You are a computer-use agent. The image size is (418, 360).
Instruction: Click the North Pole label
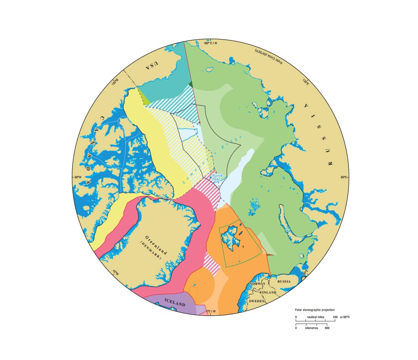point(217,178)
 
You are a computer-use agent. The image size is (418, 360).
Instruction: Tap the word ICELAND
point(175,304)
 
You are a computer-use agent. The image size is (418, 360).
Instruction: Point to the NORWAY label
point(257,283)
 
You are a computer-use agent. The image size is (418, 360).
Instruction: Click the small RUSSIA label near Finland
point(284,281)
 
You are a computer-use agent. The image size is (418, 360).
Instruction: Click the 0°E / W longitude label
point(210,311)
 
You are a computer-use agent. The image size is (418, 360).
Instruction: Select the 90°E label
point(344,177)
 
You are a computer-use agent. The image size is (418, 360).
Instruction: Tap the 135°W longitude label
point(115,82)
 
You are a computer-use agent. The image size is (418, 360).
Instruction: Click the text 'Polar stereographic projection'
point(315,310)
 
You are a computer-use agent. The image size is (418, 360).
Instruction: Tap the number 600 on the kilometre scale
point(327,328)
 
